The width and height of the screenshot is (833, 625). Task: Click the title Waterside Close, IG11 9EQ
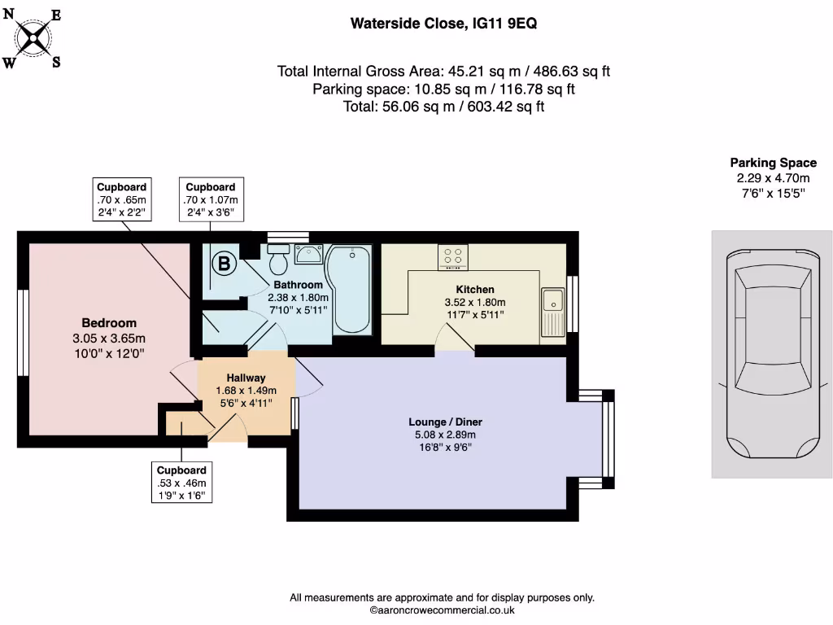point(443,24)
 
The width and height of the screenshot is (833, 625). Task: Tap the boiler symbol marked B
point(222,264)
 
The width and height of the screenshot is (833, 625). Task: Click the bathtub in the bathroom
point(351,290)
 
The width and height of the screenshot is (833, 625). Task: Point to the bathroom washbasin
point(308,255)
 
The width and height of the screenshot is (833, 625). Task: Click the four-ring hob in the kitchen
point(453,256)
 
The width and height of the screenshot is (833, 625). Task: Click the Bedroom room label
point(109,323)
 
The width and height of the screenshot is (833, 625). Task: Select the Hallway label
point(246,378)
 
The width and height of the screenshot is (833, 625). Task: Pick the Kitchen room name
point(474,289)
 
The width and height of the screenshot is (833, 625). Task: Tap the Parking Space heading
point(773,163)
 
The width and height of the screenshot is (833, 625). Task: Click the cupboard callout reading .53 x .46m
point(181,483)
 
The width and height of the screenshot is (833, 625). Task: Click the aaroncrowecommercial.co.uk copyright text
point(442,610)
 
